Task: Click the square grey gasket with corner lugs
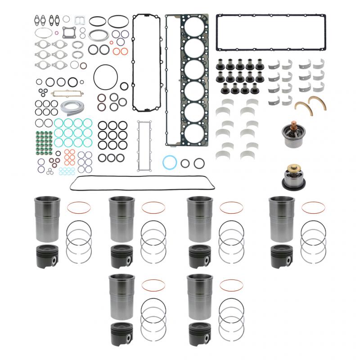[x=69, y=33]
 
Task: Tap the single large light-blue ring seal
[x=170, y=162]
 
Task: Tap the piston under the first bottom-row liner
[x=122, y=334]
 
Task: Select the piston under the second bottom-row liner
[x=201, y=334]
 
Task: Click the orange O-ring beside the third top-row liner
[x=231, y=207]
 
